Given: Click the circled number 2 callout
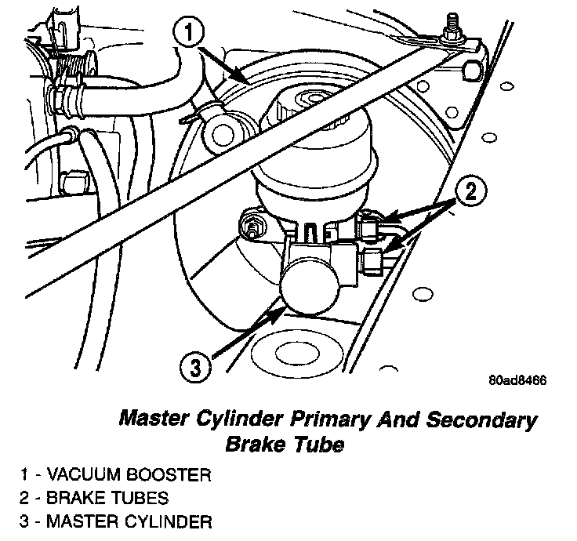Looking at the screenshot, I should (x=469, y=191).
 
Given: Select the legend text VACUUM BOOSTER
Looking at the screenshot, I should (x=129, y=475).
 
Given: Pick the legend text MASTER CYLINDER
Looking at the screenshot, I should (x=129, y=521).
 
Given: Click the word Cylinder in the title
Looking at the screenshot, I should (x=240, y=419).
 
